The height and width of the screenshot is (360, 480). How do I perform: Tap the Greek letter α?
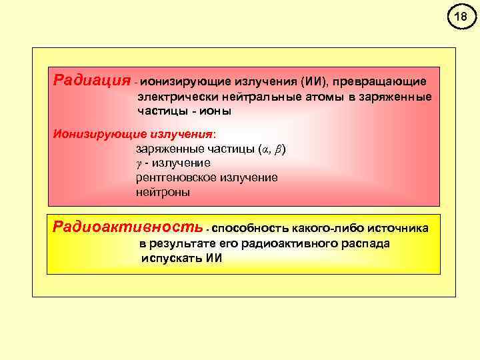(x=265, y=149)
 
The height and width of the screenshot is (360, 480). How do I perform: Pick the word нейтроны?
(x=163, y=193)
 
